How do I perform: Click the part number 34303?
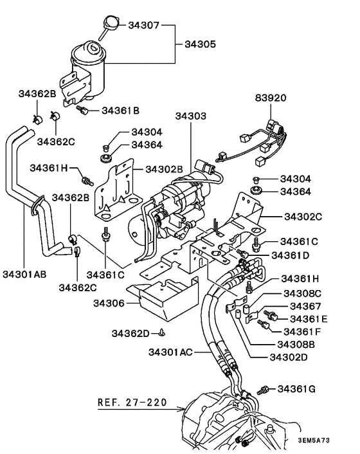191,116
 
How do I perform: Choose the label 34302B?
164,170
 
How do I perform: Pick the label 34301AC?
170,352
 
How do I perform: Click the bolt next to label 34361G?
264,389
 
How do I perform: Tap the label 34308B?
299,344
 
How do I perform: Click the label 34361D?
291,255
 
